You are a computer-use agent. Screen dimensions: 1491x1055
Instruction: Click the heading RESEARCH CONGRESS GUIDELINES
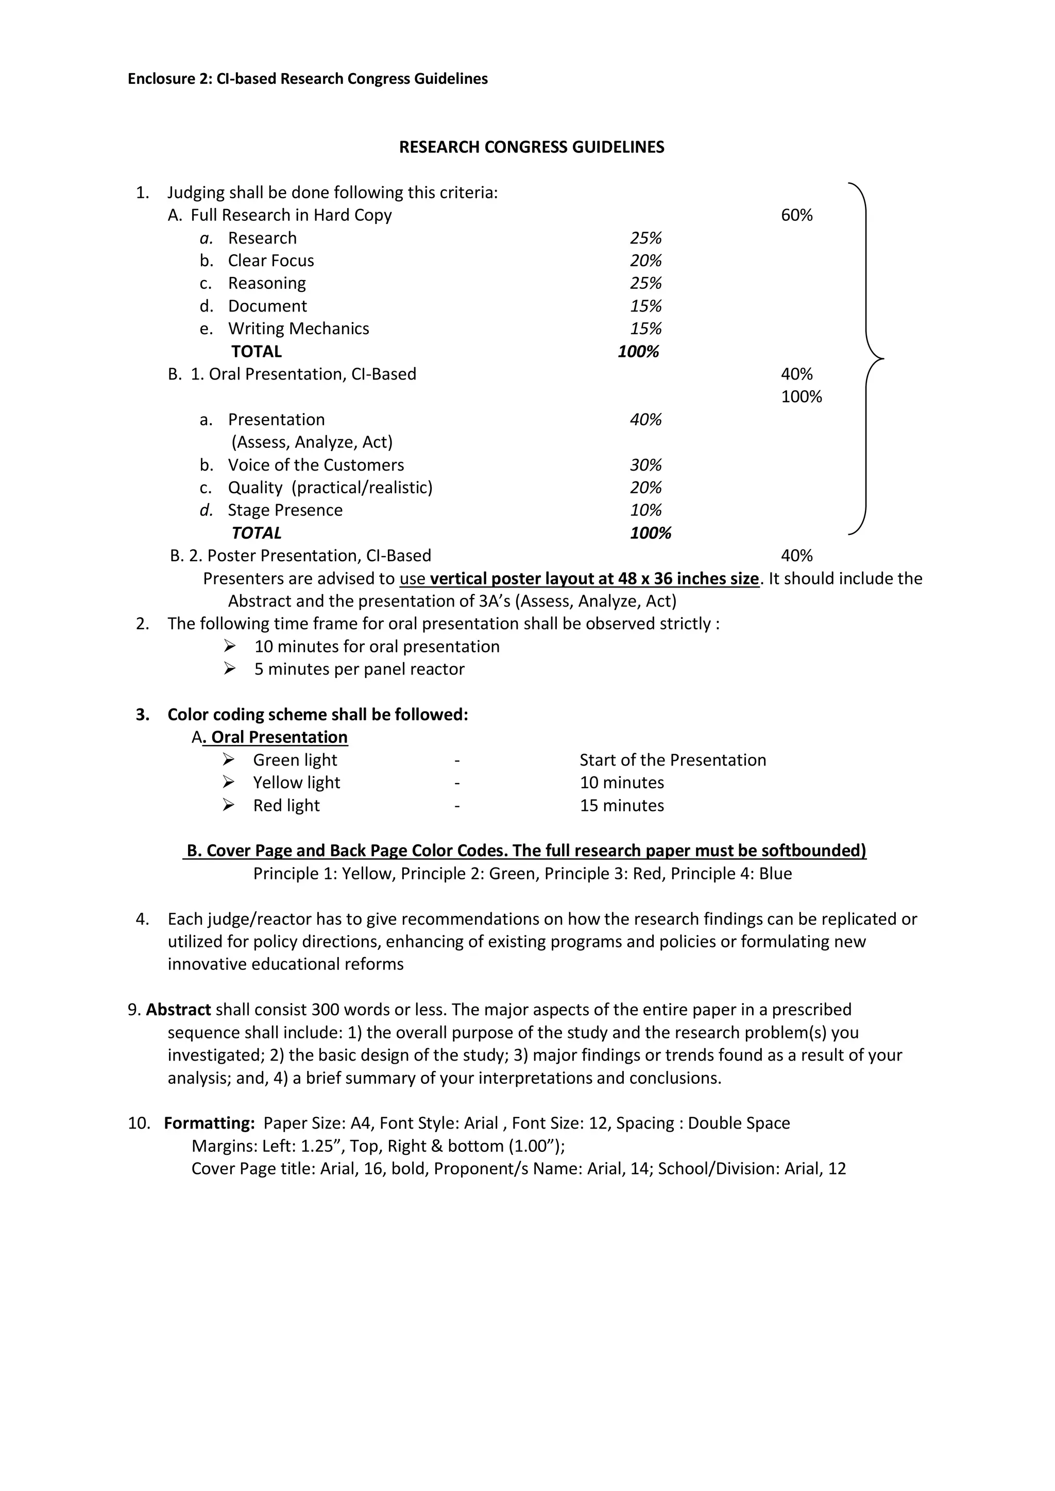click(x=532, y=147)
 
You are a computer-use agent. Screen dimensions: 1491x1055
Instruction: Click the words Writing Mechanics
click(x=298, y=328)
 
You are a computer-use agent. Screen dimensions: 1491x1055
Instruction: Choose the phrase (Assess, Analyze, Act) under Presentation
click(x=312, y=442)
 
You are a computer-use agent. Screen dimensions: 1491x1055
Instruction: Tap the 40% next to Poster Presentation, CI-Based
click(x=796, y=556)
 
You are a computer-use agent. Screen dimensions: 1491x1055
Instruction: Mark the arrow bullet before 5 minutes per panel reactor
click(x=229, y=668)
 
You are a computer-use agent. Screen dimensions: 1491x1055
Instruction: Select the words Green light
click(x=295, y=760)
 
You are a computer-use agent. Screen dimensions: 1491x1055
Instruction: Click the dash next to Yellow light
click(x=457, y=783)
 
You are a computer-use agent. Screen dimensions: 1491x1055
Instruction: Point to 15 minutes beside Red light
click(x=622, y=806)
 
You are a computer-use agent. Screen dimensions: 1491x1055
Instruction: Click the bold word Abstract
click(x=178, y=1010)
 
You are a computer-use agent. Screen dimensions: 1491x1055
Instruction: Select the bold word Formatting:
click(x=209, y=1123)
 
